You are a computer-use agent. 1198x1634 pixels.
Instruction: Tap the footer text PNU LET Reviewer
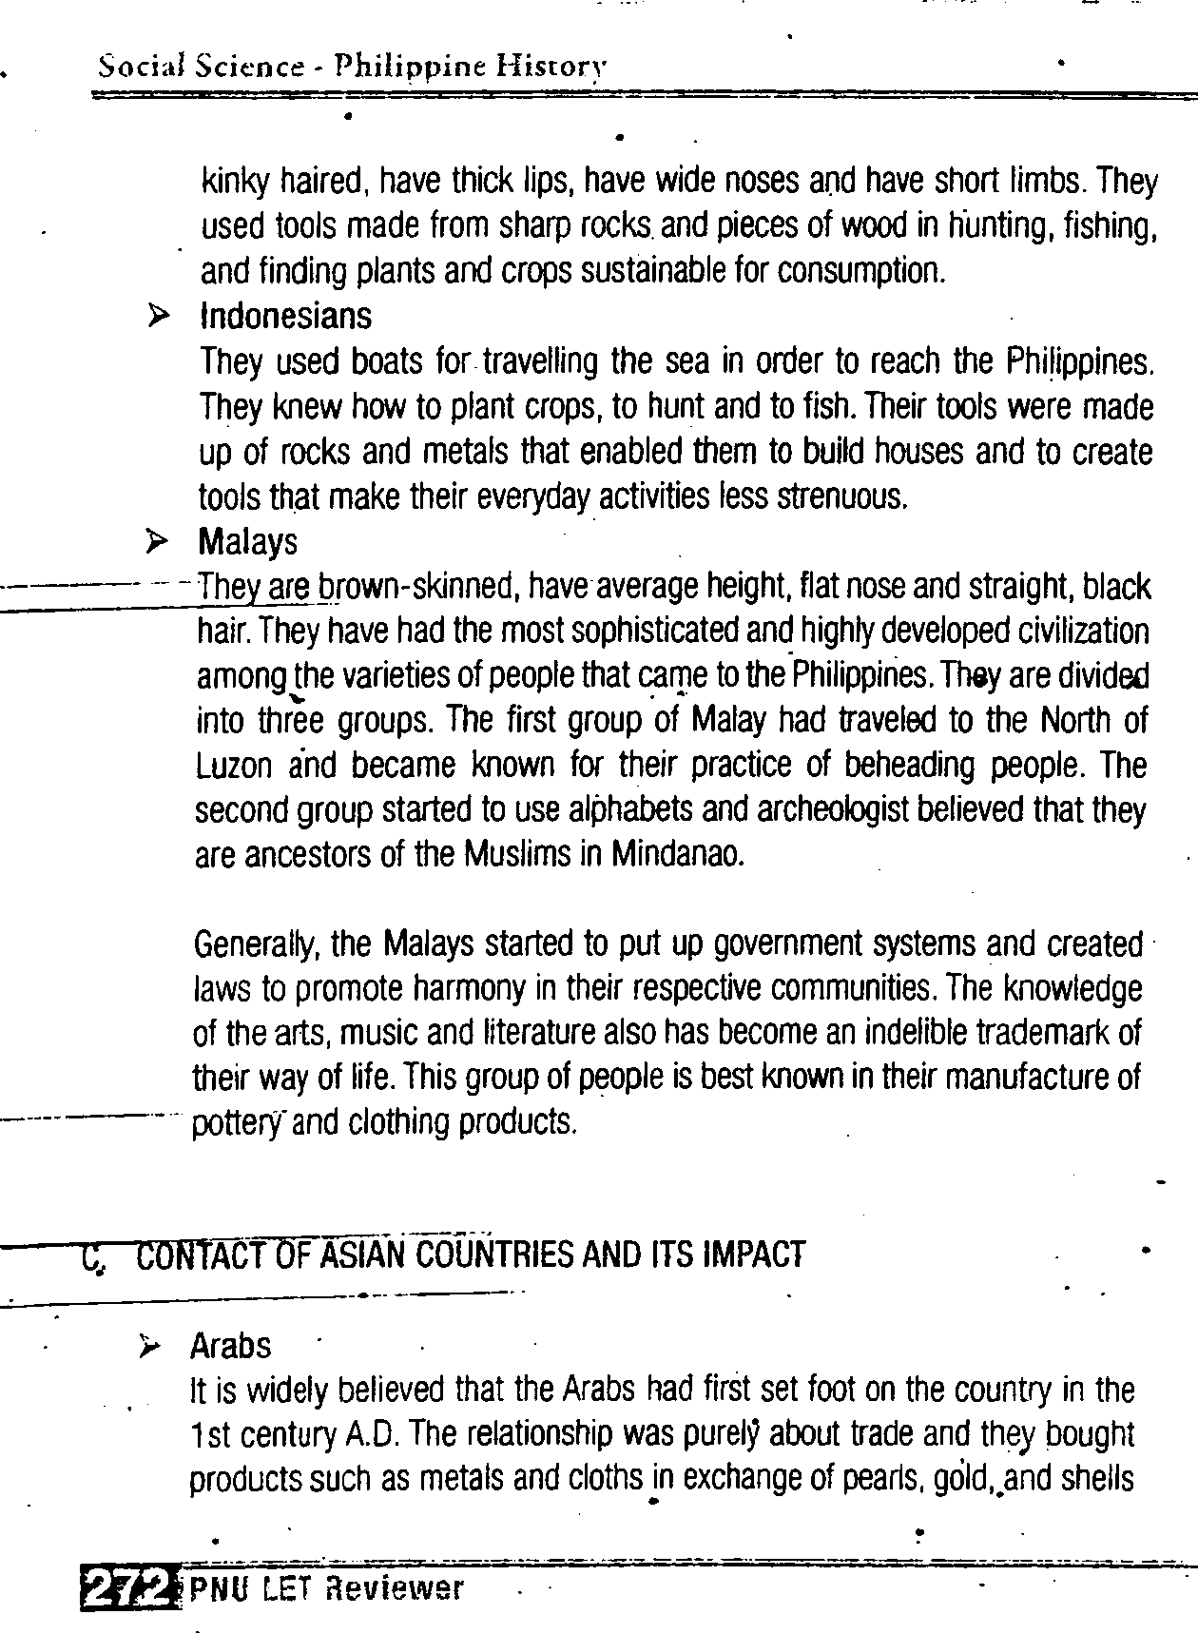pyautogui.click(x=326, y=1587)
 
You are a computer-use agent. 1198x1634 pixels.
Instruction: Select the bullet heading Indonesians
pyautogui.click(x=285, y=316)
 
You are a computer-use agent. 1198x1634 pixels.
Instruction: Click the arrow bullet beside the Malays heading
pyautogui.click(x=157, y=541)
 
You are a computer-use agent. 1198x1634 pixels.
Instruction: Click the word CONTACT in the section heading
pyautogui.click(x=192, y=1255)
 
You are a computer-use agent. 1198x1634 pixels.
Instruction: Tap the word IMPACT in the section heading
pyautogui.click(x=753, y=1255)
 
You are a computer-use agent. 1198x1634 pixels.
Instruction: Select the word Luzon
pyautogui.click(x=234, y=766)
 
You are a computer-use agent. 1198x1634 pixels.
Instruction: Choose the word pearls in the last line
pyautogui.click(x=879, y=1480)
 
